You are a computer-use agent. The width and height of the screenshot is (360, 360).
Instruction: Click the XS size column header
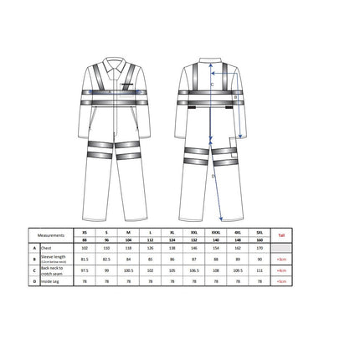[x=84, y=234]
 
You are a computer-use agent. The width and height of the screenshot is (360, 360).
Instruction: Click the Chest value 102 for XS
[x=84, y=249]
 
